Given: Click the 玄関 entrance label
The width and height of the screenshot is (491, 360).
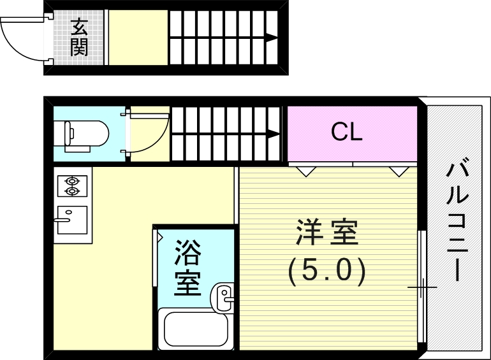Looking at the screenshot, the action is tap(79, 37).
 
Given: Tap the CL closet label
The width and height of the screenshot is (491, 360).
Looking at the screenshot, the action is tap(347, 132).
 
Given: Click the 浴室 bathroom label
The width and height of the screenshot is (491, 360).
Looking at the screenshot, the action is tap(187, 268).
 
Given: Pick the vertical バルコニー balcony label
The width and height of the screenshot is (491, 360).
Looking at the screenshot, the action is tap(458, 220).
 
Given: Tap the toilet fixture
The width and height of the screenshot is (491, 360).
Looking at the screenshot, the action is tap(81, 135).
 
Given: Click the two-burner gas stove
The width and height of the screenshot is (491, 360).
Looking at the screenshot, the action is tap(72, 186).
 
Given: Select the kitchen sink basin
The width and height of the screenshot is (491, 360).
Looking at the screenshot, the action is tap(72, 220).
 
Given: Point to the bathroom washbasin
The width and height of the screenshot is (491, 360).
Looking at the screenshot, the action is tap(223, 298).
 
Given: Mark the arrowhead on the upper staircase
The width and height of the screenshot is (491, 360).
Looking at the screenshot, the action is tap(272, 38).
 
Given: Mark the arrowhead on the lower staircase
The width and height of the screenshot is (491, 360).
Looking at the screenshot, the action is tap(274, 134).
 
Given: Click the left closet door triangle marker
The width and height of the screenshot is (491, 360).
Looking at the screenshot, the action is tap(306, 171).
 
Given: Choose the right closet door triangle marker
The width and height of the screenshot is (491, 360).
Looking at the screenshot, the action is tap(399, 171).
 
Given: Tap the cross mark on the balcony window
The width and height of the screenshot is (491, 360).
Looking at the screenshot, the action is tap(421, 287).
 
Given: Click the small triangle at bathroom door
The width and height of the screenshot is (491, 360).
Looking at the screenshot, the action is tap(159, 238).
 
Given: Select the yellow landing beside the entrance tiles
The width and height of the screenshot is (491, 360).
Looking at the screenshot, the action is tap(138, 38).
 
